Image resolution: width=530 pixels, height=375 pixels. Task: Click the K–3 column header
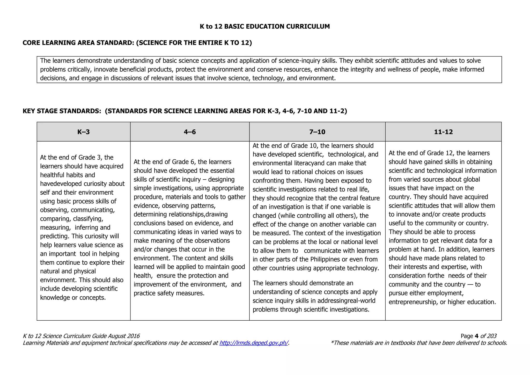click(x=83, y=132)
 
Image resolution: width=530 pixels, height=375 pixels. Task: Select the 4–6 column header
click(x=190, y=132)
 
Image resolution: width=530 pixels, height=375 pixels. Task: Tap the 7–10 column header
click(x=317, y=132)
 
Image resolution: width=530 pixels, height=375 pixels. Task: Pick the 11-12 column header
click(x=443, y=132)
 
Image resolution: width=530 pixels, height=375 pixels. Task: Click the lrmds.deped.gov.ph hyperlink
click(x=254, y=343)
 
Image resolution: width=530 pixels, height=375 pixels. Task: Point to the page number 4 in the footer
click(x=476, y=336)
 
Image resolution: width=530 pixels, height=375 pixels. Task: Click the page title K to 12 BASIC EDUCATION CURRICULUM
click(x=265, y=26)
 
